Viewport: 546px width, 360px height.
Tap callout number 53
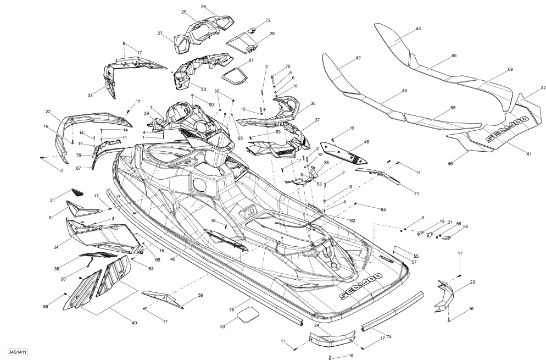(222, 326)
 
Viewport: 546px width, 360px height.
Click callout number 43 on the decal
(418, 29)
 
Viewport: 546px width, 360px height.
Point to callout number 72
(268, 20)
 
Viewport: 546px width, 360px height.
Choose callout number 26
(203, 7)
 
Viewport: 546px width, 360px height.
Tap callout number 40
(134, 323)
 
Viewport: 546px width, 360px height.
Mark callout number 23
(472, 283)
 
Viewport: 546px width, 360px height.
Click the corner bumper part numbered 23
(445, 295)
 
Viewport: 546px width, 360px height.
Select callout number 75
(232, 309)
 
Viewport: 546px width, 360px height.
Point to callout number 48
(366, 142)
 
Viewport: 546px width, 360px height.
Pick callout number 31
(53, 200)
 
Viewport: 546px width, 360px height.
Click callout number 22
(48, 112)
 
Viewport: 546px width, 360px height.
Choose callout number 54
(465, 227)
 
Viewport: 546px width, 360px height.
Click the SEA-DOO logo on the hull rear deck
(361, 285)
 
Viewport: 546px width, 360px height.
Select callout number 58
(46, 307)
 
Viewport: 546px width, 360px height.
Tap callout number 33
(90, 96)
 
